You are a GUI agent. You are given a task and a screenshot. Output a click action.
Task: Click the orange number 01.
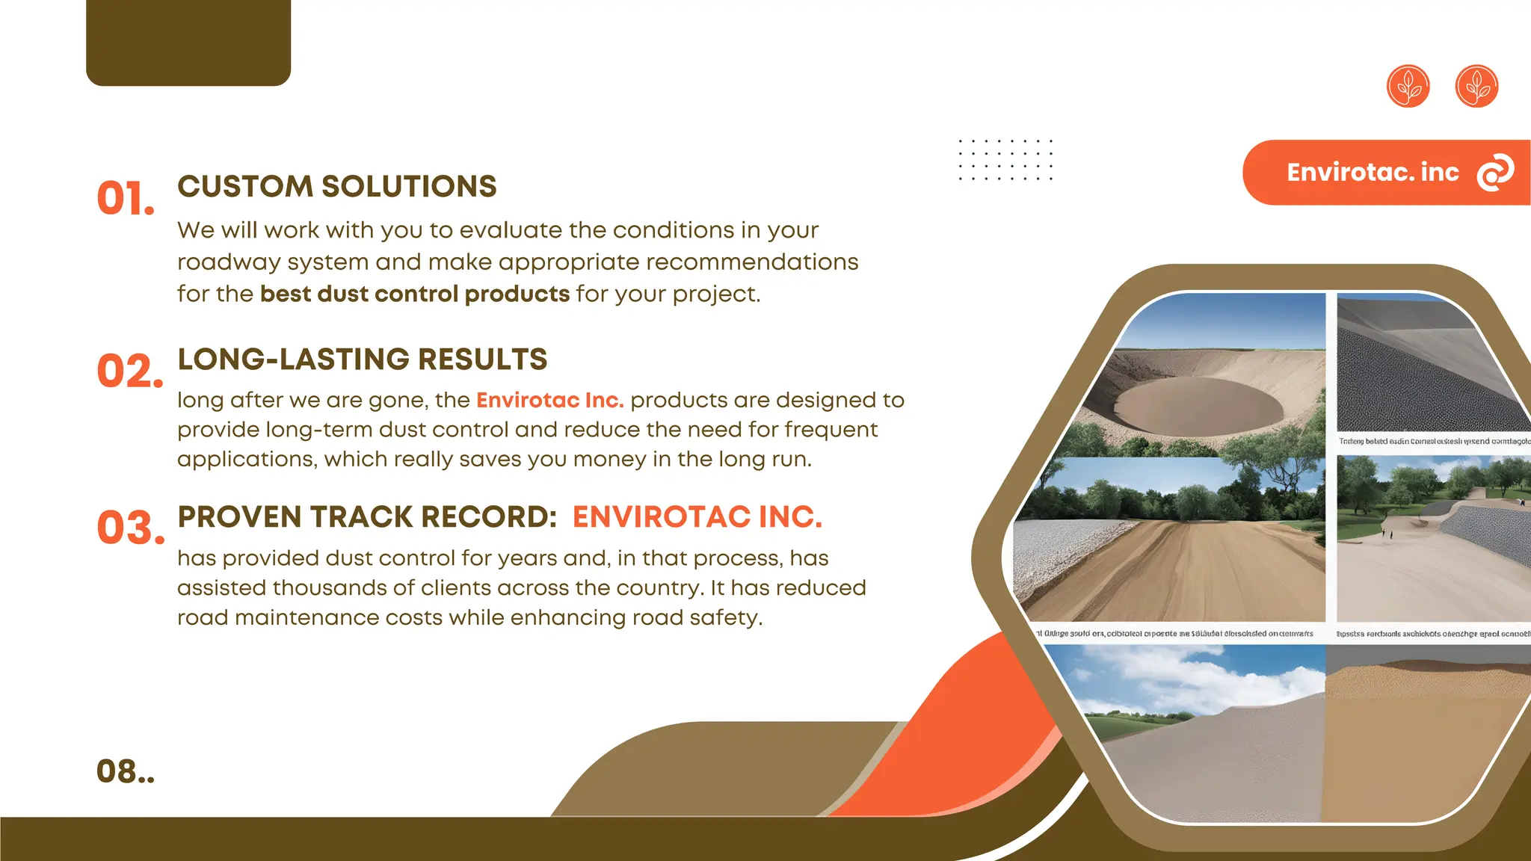click(125, 200)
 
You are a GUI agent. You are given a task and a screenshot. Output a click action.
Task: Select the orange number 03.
click(129, 528)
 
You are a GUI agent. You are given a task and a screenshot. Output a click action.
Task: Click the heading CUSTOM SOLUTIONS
click(336, 186)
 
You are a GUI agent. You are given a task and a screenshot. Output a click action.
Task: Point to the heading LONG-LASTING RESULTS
click(362, 359)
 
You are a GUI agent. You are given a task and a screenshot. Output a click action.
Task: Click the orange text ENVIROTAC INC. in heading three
click(697, 517)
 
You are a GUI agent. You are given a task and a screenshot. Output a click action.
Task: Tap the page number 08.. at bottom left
click(125, 771)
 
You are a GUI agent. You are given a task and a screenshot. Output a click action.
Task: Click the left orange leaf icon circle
click(1408, 86)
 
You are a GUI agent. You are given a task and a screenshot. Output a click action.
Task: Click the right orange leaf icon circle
click(1476, 86)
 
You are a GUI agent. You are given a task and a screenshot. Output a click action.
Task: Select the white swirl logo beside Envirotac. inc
click(1495, 173)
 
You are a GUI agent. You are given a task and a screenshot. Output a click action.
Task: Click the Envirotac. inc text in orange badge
click(1373, 173)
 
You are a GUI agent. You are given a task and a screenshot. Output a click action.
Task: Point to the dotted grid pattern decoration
click(1005, 160)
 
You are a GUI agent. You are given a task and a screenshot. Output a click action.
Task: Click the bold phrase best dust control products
click(415, 294)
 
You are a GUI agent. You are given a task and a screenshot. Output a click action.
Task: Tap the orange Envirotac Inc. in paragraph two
click(549, 401)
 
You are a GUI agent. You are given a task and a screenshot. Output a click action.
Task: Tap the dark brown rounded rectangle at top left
click(188, 41)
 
